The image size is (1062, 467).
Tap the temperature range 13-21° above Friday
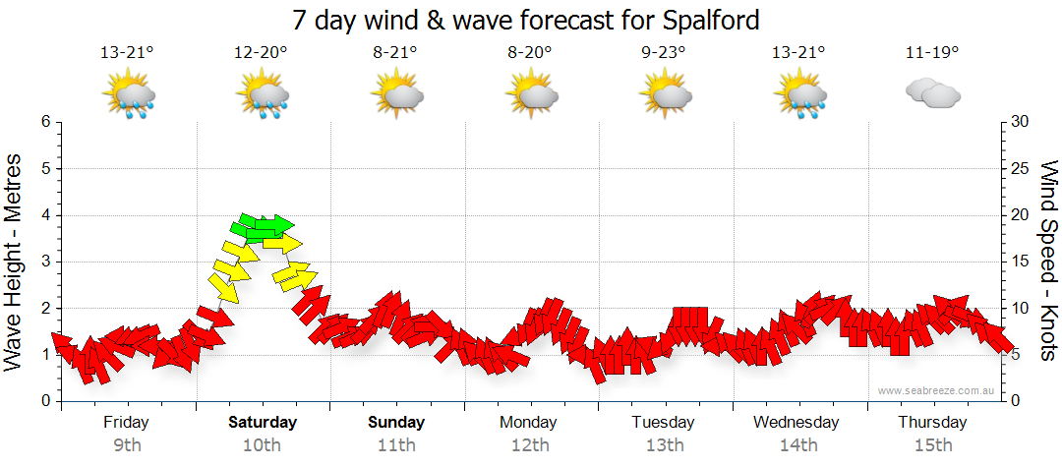128,52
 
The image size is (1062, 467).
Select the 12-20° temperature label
262,52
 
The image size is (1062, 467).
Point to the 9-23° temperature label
665,52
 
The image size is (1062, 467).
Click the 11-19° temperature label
932,52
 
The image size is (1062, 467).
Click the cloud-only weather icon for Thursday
932,94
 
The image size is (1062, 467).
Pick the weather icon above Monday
531,95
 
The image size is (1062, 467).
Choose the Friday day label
126,423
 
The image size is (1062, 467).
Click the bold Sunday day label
396,423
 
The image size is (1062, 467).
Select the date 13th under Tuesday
665,444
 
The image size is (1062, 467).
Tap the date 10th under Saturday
262,444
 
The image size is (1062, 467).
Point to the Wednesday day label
796,423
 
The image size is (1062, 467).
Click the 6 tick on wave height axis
44,122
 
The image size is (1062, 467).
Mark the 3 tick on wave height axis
44,262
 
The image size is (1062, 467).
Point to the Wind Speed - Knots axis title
1048,261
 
